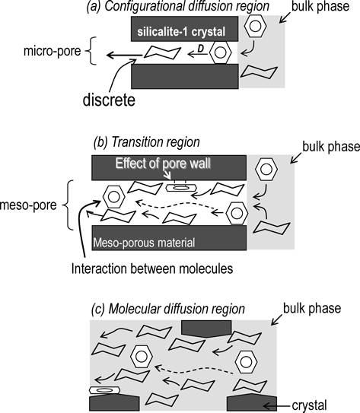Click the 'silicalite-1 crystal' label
tap(181, 32)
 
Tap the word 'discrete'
tap(109, 100)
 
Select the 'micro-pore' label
tap(53, 50)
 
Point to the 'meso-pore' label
tap(28, 205)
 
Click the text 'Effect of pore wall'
tap(163, 164)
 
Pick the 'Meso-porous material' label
tap(144, 243)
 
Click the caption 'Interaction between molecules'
tap(152, 268)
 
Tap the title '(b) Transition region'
tap(147, 142)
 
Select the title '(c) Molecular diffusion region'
tap(168, 309)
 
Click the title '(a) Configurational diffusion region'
tap(178, 6)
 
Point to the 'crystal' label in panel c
tap(310, 405)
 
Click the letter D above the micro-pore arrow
tap(201, 49)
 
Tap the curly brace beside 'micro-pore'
tap(91, 50)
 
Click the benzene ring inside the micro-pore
tap(220, 52)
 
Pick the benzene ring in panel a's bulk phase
tap(255, 26)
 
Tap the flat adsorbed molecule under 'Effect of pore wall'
tap(181, 188)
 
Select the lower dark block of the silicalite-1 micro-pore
tap(185, 76)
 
